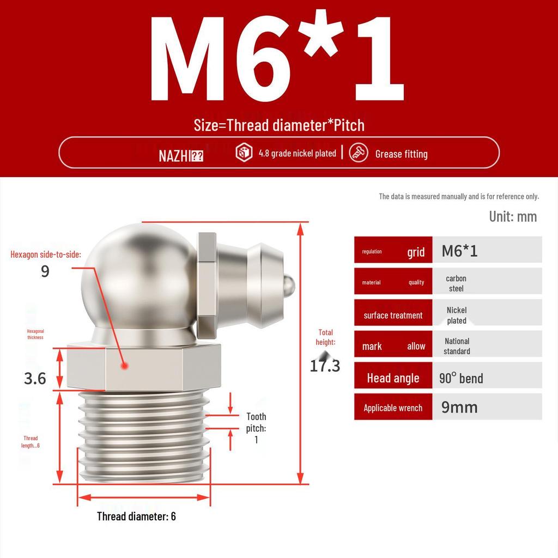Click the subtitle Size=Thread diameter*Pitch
pos(279,125)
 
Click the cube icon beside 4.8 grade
pos(244,153)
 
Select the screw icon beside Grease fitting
pos(359,153)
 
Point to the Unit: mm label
pos(512,216)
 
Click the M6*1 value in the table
pos(459,251)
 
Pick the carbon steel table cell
pos(456,283)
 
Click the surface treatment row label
pos(393,315)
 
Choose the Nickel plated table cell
pos(457,315)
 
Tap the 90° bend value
pos(461,378)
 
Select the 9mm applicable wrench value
pos(459,407)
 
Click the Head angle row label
pos(393,378)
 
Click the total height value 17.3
pos(325,366)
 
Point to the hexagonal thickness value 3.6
pos(35,378)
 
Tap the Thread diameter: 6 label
pos(136,516)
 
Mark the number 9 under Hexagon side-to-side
pos(45,271)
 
